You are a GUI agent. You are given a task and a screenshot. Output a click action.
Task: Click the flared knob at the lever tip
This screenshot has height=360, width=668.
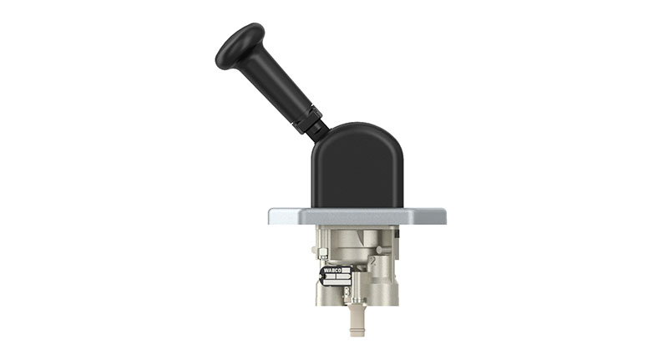pos(237,45)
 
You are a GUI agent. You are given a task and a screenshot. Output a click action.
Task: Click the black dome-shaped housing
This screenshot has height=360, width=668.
pos(357,167)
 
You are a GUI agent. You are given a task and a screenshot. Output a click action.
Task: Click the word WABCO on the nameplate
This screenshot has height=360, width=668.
pos(331,271)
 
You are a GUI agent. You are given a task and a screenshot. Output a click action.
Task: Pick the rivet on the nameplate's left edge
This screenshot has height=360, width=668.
pos(321,276)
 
